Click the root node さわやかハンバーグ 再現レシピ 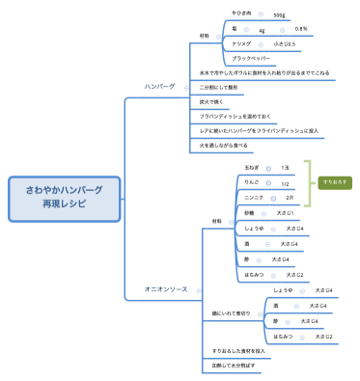click(x=64, y=199)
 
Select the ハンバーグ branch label click(x=159, y=86)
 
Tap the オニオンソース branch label click(x=165, y=289)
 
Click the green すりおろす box click(x=335, y=181)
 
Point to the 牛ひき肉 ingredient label click(x=242, y=14)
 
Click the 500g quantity click(x=279, y=15)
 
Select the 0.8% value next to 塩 click(x=301, y=29)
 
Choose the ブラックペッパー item click(x=256, y=59)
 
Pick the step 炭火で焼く click(x=213, y=101)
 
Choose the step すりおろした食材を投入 click(x=239, y=351)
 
